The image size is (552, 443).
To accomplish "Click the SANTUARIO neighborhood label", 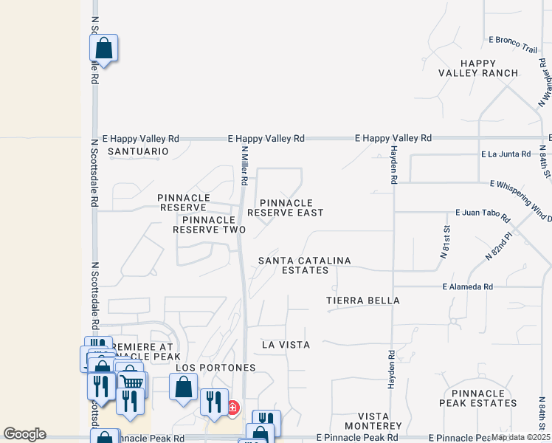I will coord(138,151).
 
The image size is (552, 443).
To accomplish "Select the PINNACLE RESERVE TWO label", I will coord(209,224).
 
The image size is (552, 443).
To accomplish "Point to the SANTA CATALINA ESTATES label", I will coord(304,266).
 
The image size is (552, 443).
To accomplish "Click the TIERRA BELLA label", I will coord(363,301).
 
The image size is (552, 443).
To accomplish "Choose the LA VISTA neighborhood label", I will coord(286,345).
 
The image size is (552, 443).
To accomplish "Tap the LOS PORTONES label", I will coord(215,368).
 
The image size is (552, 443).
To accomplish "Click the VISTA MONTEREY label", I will coord(370,422).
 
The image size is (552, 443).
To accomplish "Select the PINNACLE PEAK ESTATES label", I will coord(478,398).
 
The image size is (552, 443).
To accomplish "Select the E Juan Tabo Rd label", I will coord(483,215).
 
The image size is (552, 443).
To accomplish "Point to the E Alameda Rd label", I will coord(467,286).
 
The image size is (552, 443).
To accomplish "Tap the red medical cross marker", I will coord(232,407).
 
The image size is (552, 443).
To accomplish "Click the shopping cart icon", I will coord(133,382).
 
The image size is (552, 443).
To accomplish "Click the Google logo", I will coord(25,434).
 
